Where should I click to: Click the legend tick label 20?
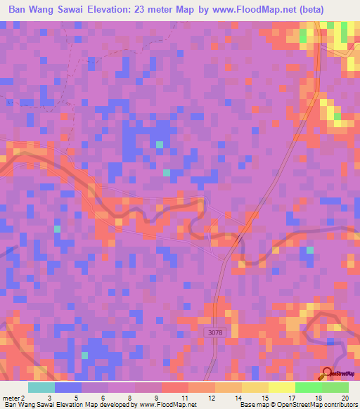345,397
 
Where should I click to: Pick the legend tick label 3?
48,397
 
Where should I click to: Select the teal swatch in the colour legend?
41,387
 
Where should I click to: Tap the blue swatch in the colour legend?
68,387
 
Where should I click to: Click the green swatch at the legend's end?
335,387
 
